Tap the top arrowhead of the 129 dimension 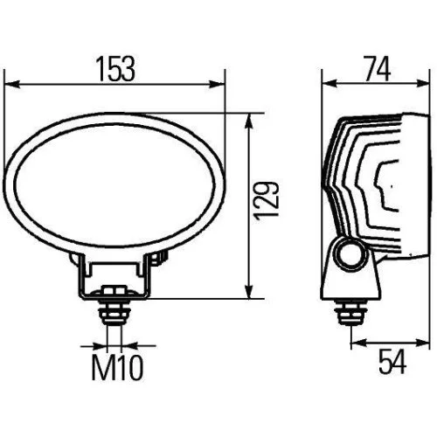[251, 119]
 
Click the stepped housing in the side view [367, 184]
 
